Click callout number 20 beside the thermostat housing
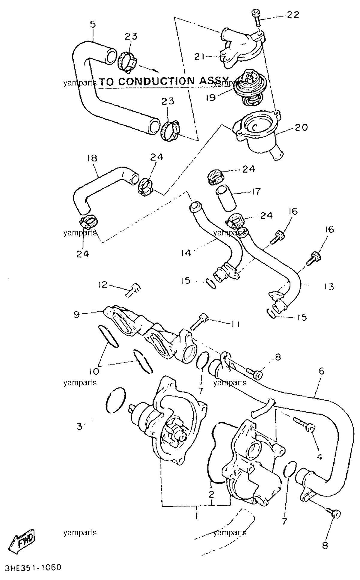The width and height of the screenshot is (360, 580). [301, 127]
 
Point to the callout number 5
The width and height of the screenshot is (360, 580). [93, 24]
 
